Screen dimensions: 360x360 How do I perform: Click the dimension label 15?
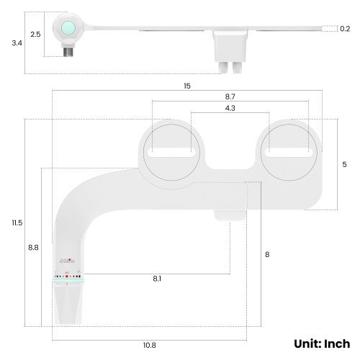[x=187, y=86]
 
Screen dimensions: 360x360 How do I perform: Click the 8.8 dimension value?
[x=33, y=247]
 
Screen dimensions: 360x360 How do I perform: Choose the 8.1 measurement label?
[x=157, y=279]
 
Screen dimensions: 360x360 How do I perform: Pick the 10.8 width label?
[x=149, y=345]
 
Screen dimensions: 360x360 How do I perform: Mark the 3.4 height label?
[x=17, y=43]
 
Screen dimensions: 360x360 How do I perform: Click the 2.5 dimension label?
[x=35, y=35]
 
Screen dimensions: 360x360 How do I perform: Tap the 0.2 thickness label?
[x=345, y=29]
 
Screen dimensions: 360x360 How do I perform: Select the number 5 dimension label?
[x=344, y=164]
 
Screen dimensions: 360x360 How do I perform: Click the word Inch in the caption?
[x=336, y=343]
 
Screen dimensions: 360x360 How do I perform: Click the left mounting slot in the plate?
[x=170, y=153]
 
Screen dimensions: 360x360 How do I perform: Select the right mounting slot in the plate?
[x=289, y=153]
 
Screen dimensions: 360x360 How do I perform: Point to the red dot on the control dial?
[x=67, y=276]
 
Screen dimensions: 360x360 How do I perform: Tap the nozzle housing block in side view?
[x=231, y=50]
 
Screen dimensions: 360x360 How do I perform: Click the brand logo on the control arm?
[x=66, y=265]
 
